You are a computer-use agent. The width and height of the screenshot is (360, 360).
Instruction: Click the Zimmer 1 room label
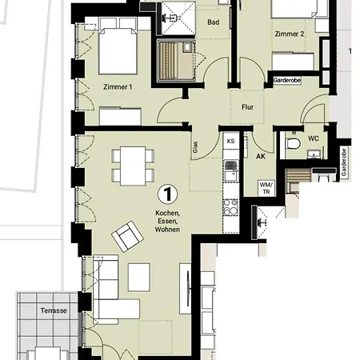click(x=118, y=87)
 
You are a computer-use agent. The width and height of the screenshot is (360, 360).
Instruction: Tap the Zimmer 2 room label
click(x=290, y=34)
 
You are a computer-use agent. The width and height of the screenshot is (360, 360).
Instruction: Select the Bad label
click(x=214, y=22)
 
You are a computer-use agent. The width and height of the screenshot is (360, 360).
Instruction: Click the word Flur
click(x=247, y=107)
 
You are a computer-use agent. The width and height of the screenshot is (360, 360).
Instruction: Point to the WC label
click(x=314, y=138)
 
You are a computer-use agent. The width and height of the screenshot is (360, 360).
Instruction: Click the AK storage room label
click(x=261, y=156)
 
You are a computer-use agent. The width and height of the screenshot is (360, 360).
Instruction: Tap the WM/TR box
click(x=266, y=188)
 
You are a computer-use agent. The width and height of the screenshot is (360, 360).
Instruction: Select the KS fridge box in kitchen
click(x=231, y=141)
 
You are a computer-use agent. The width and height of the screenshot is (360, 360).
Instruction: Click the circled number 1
click(x=168, y=194)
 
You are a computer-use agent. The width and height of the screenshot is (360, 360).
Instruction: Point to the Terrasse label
click(x=54, y=310)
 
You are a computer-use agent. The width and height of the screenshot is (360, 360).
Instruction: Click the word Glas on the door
click(x=195, y=147)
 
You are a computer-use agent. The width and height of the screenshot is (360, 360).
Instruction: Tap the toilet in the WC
click(x=293, y=144)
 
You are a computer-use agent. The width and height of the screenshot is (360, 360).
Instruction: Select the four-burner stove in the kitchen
click(x=230, y=207)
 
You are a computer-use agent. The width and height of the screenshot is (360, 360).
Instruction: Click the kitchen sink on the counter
click(x=231, y=171)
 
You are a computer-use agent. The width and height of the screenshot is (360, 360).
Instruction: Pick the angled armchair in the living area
click(x=127, y=236)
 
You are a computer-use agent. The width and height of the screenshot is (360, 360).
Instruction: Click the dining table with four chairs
click(x=133, y=166)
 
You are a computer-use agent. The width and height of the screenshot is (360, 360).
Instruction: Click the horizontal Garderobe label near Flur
click(x=287, y=80)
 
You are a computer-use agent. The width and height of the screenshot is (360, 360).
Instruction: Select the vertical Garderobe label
click(x=344, y=162)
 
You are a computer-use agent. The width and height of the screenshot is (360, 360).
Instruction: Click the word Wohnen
click(x=167, y=230)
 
